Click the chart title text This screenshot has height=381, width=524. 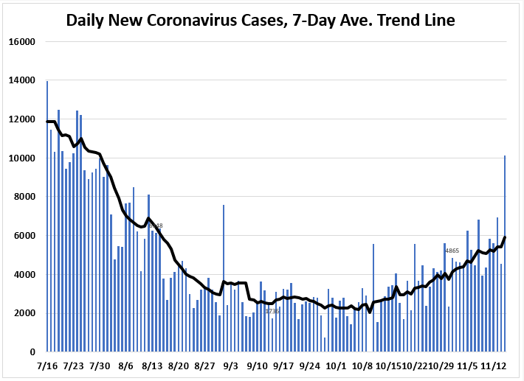point(261,20)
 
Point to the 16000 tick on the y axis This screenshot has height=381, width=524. point(22,41)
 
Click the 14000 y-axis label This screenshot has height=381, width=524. point(22,80)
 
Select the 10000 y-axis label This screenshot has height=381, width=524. point(22,158)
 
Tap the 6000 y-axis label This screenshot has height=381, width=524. point(24,236)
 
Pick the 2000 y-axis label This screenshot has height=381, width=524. point(24,313)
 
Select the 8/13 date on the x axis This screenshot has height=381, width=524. point(152,366)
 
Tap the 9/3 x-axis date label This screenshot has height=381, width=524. point(231,366)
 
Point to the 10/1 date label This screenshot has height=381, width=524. point(336,366)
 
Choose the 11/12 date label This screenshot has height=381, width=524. point(493,366)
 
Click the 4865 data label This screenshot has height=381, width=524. point(452,251)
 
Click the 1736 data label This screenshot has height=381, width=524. point(272,311)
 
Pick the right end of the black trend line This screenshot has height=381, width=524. point(505,237)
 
